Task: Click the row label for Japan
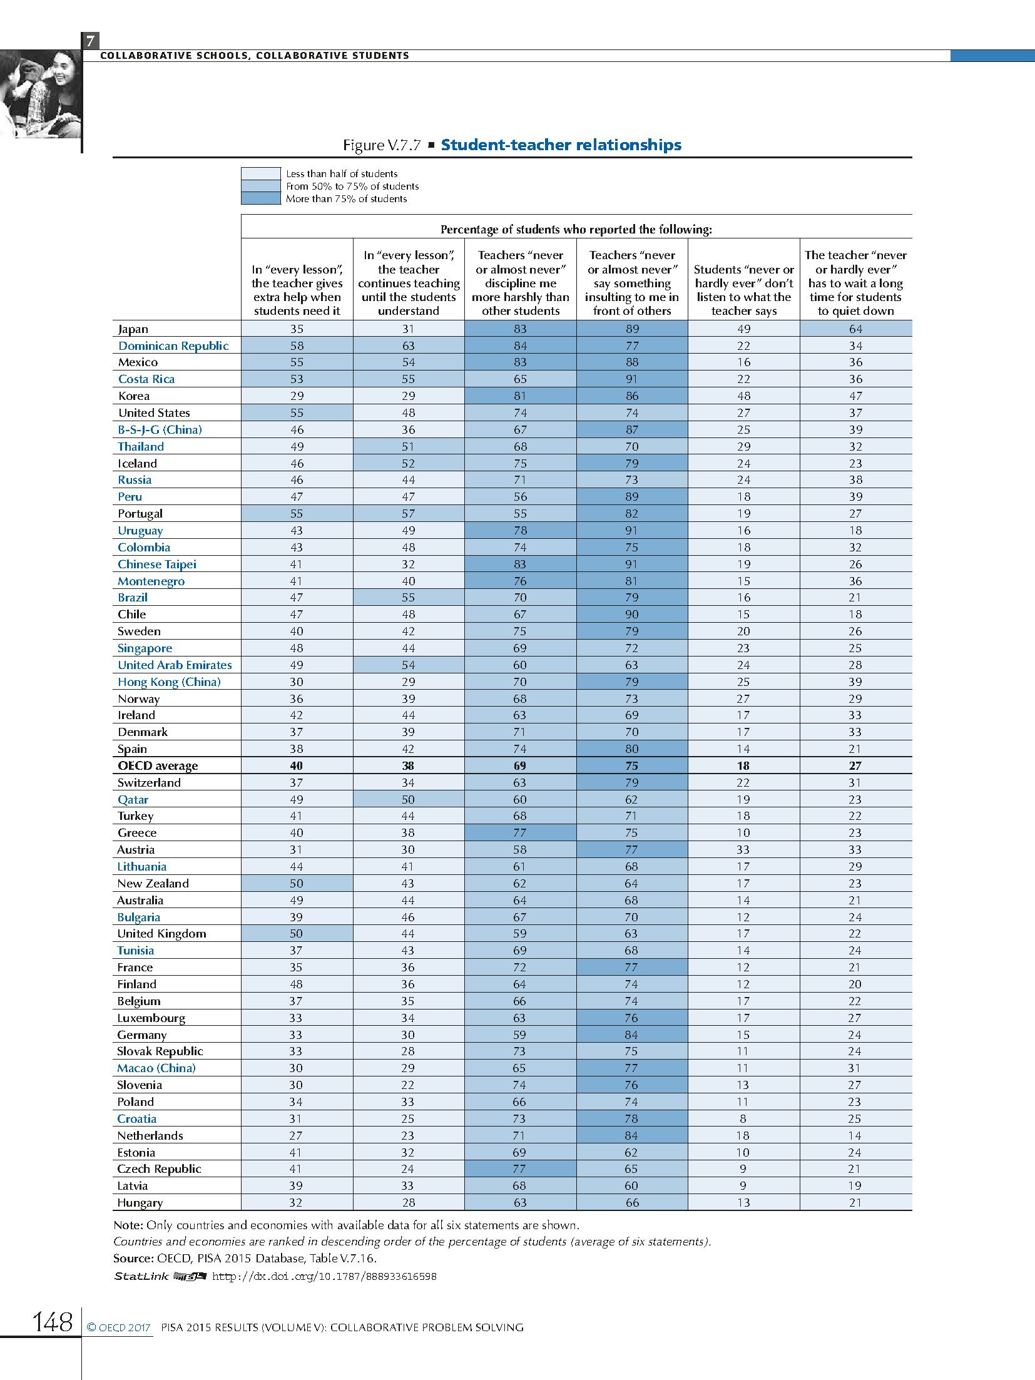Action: (x=133, y=329)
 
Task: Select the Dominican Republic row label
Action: (x=173, y=346)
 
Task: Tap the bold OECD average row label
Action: (x=158, y=766)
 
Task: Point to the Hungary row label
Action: (x=140, y=1203)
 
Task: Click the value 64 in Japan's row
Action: (x=855, y=329)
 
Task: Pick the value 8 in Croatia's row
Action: (x=743, y=1119)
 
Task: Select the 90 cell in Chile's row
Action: (x=631, y=615)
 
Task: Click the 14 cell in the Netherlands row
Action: (x=855, y=1136)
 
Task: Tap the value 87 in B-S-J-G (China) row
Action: (x=631, y=430)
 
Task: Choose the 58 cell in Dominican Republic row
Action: (x=297, y=346)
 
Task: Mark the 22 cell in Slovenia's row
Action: (x=408, y=1085)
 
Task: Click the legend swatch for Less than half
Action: (x=260, y=173)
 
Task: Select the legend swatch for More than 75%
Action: (x=260, y=198)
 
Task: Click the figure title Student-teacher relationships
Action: (x=561, y=145)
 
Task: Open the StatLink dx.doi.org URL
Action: (x=324, y=1276)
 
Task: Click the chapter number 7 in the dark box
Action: (x=90, y=42)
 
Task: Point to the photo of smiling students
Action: (x=40, y=94)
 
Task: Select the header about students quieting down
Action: (x=855, y=283)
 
